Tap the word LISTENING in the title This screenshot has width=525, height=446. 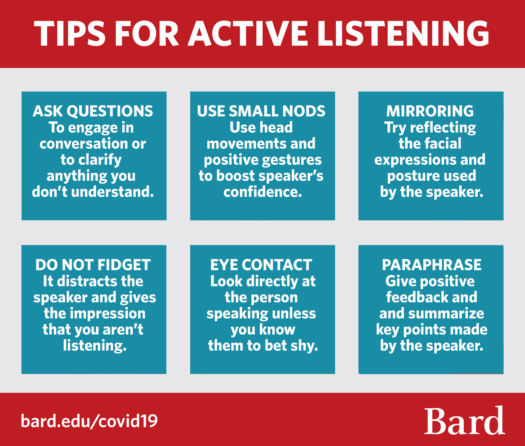[403, 33]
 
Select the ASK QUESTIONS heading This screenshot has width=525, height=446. [93, 111]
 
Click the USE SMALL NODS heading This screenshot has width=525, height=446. [261, 111]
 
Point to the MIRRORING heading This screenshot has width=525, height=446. [430, 111]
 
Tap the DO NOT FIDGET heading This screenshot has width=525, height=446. [93, 265]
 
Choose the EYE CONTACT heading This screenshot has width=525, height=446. [261, 265]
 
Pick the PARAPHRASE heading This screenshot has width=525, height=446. [432, 265]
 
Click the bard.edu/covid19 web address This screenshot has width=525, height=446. [89, 421]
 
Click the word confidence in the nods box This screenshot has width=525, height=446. [263, 192]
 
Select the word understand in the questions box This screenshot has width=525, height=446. [113, 192]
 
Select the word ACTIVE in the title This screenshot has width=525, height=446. [248, 33]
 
